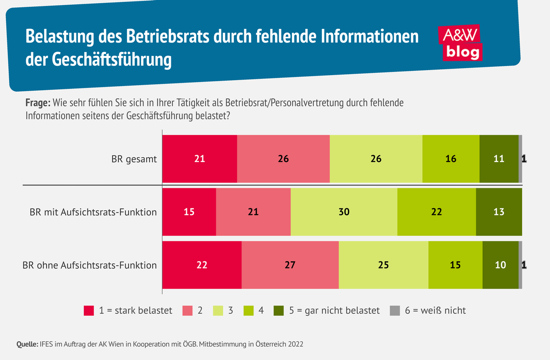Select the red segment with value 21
click(199, 159)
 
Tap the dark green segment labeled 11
click(499, 159)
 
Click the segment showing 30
click(344, 212)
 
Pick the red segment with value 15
click(189, 212)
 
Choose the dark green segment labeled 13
click(499, 212)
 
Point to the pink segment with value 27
click(290, 265)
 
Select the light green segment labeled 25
click(383, 265)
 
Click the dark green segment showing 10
click(500, 265)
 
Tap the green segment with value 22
click(436, 212)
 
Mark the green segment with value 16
click(451, 159)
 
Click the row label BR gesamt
click(134, 159)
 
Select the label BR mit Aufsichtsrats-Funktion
click(93, 212)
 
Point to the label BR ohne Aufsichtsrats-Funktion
click(90, 265)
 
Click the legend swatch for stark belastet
click(89, 311)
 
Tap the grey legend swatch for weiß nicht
click(395, 311)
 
